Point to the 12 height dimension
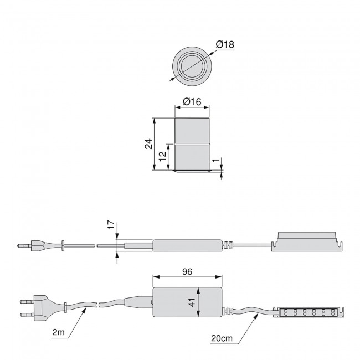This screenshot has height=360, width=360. pos(161,157)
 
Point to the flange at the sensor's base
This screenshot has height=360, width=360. pos(192,172)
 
